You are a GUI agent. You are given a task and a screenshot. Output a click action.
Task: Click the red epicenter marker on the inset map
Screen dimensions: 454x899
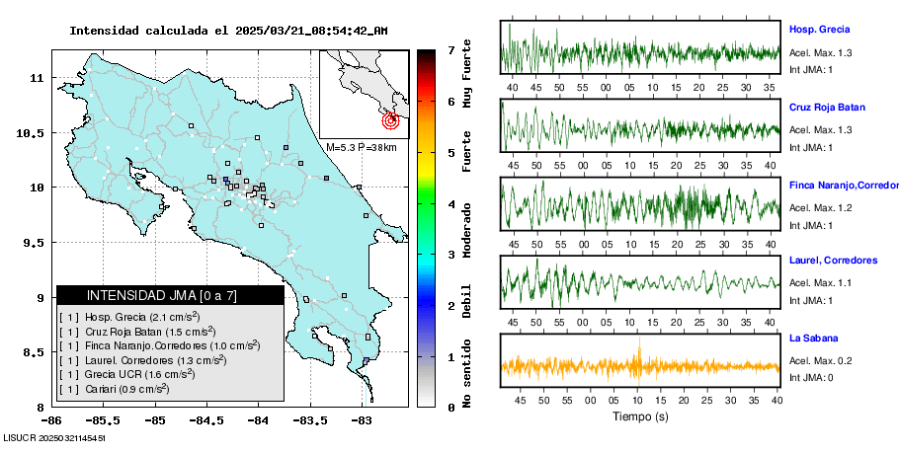click(390, 121)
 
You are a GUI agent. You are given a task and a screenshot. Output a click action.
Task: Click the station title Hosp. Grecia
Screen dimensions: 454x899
click(819, 30)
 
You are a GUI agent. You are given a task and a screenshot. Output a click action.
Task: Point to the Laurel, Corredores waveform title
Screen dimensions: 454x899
click(833, 261)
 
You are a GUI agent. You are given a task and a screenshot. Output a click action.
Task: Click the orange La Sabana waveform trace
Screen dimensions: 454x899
click(640, 366)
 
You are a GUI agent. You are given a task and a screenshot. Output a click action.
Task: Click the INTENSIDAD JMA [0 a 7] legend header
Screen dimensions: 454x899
click(170, 295)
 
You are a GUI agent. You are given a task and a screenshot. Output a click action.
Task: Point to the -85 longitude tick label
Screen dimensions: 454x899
click(155, 420)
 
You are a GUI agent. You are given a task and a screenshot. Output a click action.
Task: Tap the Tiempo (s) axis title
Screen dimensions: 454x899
click(640, 416)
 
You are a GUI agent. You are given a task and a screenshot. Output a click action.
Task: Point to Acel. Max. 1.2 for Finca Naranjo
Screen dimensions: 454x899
click(820, 207)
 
